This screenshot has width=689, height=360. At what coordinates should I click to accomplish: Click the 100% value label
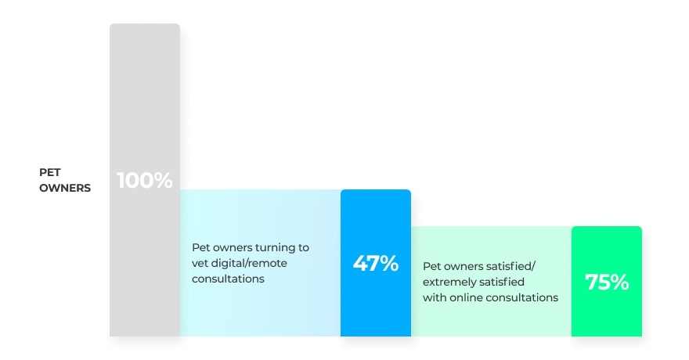pyautogui.click(x=145, y=180)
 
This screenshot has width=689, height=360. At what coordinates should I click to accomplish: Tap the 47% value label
pyautogui.click(x=375, y=263)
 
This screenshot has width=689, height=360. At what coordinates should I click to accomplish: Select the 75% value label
pyautogui.click(x=607, y=283)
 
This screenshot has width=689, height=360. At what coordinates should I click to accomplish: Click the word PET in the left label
pyautogui.click(x=50, y=172)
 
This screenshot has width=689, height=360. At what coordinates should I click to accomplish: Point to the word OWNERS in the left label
pyautogui.click(x=65, y=188)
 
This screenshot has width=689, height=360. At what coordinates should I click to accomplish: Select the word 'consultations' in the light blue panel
pyautogui.click(x=228, y=279)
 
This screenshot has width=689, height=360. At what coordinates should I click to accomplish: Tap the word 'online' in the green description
pyautogui.click(x=469, y=297)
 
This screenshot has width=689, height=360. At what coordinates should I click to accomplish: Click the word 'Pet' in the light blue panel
pyautogui.click(x=200, y=247)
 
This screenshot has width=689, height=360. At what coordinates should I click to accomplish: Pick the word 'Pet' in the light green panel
pyautogui.click(x=431, y=266)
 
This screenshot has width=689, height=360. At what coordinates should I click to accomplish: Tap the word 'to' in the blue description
pyautogui.click(x=303, y=247)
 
